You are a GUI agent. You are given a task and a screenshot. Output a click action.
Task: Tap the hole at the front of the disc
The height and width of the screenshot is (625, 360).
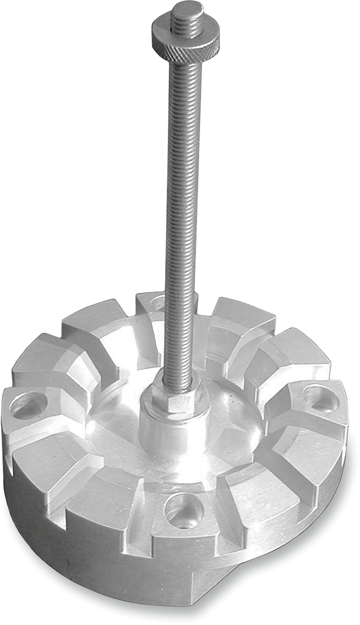[180, 508]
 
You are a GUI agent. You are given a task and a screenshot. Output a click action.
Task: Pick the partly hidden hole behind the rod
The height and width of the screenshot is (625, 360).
[157, 301]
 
